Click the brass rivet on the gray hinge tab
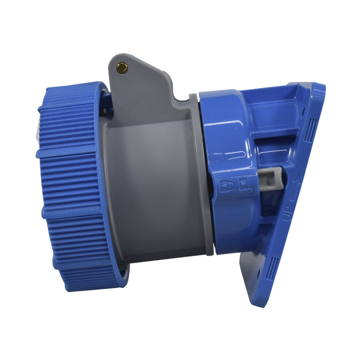(122, 68)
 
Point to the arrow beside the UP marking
(295, 189)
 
